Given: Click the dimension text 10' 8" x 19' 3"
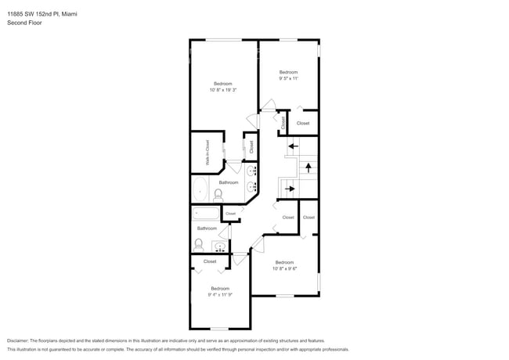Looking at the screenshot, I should pos(223,91).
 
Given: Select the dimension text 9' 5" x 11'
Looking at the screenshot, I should pos(289,79).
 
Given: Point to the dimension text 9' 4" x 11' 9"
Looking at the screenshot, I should pos(220,295).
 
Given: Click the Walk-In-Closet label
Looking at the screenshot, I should pos(208,152).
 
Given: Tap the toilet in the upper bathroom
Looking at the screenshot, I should pos(218,194).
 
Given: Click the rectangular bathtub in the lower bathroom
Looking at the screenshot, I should pos(207,214).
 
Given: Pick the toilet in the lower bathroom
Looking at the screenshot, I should pos(199,244).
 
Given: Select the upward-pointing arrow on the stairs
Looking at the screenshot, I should pos(309,166).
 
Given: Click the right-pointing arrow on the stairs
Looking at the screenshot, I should pos(290,189).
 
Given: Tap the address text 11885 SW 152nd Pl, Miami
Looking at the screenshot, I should pos(47,14).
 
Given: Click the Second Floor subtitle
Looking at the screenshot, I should pos(25,23).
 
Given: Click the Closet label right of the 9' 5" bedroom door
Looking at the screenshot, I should pos(303,123).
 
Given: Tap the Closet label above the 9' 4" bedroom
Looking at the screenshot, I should pos(210,261).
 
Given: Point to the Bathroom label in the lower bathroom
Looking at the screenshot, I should pos(207,229).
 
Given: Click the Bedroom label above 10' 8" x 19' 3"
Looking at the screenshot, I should pos(223,83).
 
